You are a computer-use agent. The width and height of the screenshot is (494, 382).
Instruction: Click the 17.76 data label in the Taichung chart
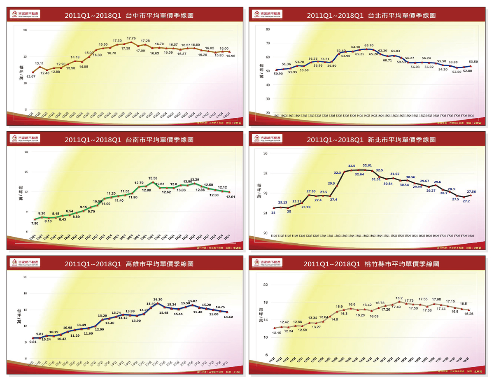pos(131,38)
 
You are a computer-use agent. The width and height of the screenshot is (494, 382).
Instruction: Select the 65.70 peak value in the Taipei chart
pos(369,46)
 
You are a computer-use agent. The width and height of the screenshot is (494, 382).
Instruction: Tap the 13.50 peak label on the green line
pos(153,179)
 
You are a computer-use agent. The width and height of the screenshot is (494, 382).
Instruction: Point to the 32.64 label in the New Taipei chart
pos(359,174)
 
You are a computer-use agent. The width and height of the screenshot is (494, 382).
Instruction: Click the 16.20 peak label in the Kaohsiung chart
pos(158,300)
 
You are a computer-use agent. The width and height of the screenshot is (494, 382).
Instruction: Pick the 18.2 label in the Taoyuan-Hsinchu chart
pos(399,298)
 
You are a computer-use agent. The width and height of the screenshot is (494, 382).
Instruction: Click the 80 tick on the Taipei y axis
pos(268,30)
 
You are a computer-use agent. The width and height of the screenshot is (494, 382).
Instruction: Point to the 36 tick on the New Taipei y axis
pos(266,154)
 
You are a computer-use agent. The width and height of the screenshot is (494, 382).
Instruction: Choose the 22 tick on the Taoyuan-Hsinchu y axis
pos(266,285)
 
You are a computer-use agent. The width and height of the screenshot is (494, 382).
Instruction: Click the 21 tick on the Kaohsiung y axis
pos(25,277)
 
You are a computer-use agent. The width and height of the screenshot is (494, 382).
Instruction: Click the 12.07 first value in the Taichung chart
pos(31,77)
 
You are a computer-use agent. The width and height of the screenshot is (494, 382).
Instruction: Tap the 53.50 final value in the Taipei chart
pos(473,61)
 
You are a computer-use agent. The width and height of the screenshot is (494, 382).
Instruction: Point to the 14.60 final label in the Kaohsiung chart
pos(228,317)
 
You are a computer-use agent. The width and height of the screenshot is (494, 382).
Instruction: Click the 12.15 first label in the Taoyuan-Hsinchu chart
pos(276,333)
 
